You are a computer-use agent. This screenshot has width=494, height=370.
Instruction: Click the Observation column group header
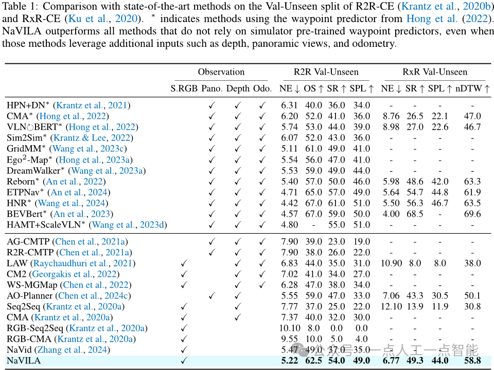click(x=221, y=72)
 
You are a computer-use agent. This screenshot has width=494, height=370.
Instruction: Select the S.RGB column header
click(x=184, y=89)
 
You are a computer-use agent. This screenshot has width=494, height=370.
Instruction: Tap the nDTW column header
click(x=472, y=89)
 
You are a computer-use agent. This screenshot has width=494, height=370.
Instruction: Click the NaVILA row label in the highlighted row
click(x=24, y=361)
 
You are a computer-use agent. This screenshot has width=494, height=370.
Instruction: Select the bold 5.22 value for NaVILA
click(x=290, y=361)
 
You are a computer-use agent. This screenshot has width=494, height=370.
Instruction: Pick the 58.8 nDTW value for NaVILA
click(x=472, y=361)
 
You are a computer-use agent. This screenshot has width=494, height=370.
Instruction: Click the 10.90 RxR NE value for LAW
click(x=391, y=263)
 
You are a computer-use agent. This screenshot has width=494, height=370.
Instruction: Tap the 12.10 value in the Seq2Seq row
click(x=391, y=306)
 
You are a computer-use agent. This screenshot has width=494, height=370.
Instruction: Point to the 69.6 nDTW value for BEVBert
click(x=472, y=214)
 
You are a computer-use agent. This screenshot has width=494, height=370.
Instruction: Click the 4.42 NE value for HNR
click(x=289, y=203)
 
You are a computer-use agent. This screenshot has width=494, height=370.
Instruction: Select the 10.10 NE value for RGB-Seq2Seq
click(x=289, y=328)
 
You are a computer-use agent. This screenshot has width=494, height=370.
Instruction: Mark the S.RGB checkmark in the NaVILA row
click(x=184, y=361)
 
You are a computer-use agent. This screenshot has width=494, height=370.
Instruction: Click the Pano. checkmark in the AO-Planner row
click(x=212, y=295)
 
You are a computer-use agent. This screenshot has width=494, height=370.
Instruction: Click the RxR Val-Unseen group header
click(x=435, y=72)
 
